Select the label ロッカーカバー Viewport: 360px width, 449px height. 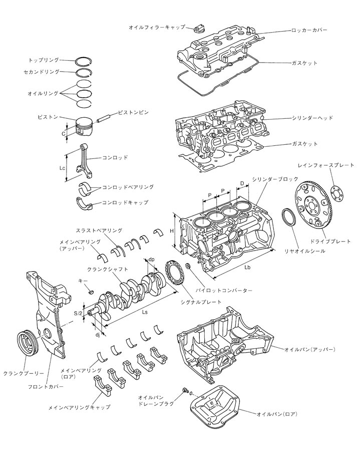coord(309,31)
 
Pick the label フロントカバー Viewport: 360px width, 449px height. coord(43,387)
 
